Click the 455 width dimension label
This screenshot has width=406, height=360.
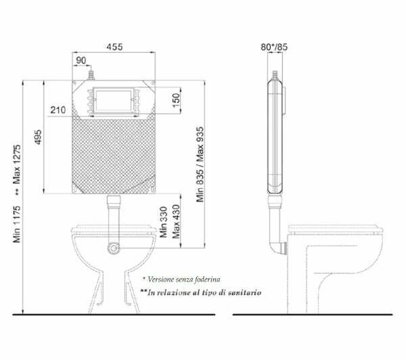pos(114,47)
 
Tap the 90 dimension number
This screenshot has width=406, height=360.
pos(81,60)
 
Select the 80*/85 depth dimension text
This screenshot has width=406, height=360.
pos(274,47)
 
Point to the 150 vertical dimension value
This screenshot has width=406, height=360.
pos(176,100)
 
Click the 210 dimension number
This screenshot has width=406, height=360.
pos(58,110)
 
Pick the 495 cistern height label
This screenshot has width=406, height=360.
pos(38,137)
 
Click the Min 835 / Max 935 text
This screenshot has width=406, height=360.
pos(200,164)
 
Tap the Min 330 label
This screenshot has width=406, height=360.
pos(163,222)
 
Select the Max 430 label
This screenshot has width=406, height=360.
pos(176,221)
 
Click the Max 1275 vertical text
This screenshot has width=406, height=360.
pos(16,164)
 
